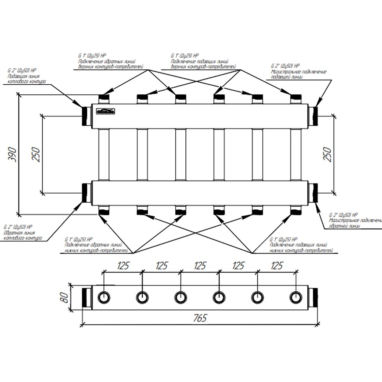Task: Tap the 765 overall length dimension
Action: click(200, 318)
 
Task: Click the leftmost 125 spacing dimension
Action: click(123, 266)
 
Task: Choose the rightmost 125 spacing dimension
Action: click(276, 266)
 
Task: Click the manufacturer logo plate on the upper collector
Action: click(106, 111)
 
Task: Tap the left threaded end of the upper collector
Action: click(87, 116)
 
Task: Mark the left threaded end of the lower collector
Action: click(87, 193)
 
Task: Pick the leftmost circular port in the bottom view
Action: click(104, 297)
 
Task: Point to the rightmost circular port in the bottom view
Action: click(296, 297)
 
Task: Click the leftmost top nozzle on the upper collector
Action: click(104, 99)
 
